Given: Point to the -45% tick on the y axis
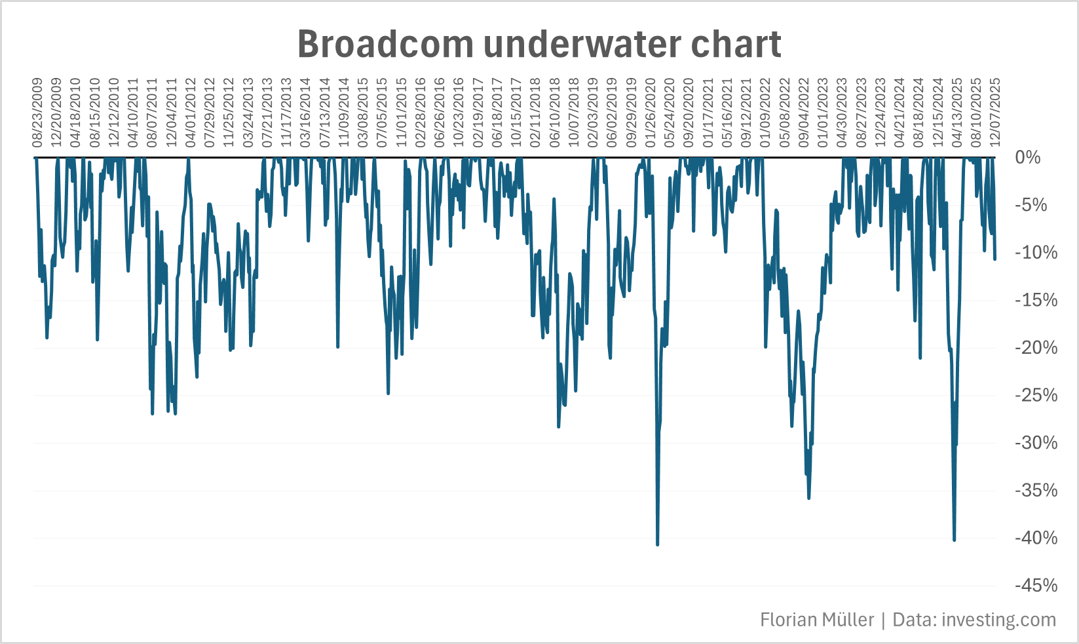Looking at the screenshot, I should [x=1036, y=586].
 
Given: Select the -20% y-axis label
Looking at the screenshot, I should [x=1036, y=348].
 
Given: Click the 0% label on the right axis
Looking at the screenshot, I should [x=1028, y=157].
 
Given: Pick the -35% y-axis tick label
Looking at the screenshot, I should [x=1036, y=491].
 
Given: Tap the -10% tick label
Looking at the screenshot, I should [x=1036, y=253].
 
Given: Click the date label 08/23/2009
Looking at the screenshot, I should [x=38, y=113].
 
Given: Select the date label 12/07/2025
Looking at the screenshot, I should [x=995, y=113].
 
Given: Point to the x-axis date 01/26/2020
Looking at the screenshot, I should [x=651, y=113].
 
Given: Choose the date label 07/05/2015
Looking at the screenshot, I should [x=382, y=113].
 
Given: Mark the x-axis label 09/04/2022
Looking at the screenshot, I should [x=804, y=113].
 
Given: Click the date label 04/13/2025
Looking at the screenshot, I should [x=957, y=113].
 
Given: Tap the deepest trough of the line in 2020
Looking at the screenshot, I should [x=657, y=544].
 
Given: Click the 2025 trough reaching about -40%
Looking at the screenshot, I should [x=954, y=540].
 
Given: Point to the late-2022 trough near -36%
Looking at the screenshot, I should [x=808, y=498].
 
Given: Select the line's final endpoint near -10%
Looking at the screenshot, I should [x=994, y=259].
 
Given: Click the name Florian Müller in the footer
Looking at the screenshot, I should [x=817, y=620].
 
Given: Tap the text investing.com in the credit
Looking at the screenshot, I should [x=998, y=620].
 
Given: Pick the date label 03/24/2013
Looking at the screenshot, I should [x=248, y=113].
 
